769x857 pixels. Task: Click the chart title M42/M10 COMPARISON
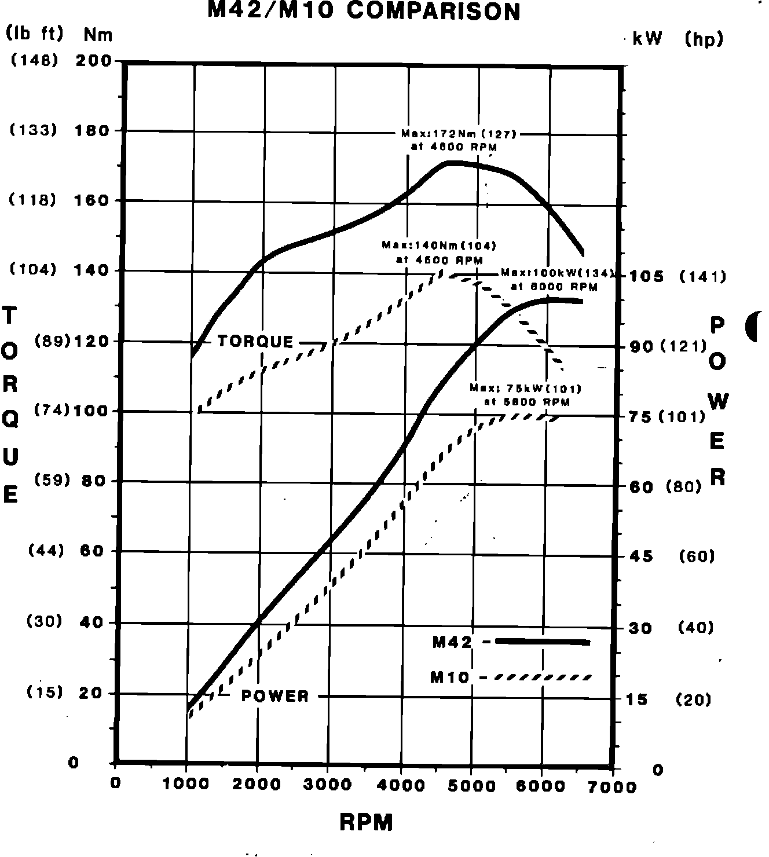[x=364, y=11]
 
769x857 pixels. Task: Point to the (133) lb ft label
[x=34, y=130]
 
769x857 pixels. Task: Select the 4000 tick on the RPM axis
[x=400, y=785]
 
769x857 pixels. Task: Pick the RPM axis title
[x=366, y=822]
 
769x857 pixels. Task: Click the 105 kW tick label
[x=647, y=276]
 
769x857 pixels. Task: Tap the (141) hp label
[x=702, y=277]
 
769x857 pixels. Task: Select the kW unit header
[x=647, y=39]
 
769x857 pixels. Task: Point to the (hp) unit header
[x=704, y=39]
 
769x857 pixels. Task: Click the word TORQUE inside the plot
[x=255, y=341]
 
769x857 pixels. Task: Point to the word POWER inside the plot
[x=275, y=695]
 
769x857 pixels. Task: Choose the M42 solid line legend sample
[x=542, y=641]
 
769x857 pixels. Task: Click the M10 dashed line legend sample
[x=542, y=676]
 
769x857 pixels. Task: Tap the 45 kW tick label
[x=640, y=556]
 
